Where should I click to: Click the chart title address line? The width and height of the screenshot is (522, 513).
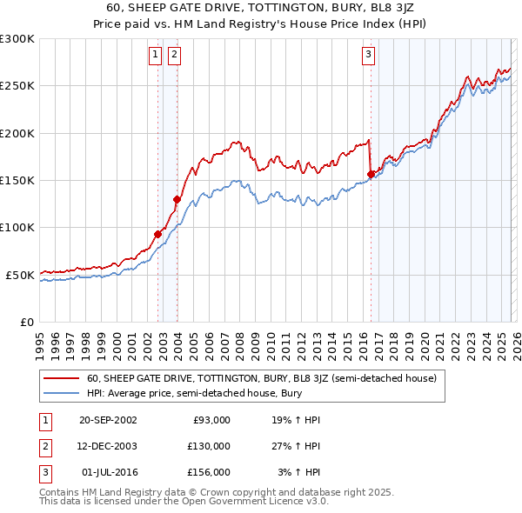(x=261, y=8)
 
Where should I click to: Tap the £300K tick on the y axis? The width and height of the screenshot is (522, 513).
(x=17, y=39)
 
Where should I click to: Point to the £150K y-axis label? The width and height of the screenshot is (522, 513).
(x=17, y=181)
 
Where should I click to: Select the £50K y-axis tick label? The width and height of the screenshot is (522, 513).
(x=20, y=275)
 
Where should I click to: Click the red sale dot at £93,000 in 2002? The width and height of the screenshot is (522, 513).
(x=158, y=234)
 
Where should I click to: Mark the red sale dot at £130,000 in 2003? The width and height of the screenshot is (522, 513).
(x=177, y=199)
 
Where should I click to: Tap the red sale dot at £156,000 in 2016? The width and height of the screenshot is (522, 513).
(x=371, y=175)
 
